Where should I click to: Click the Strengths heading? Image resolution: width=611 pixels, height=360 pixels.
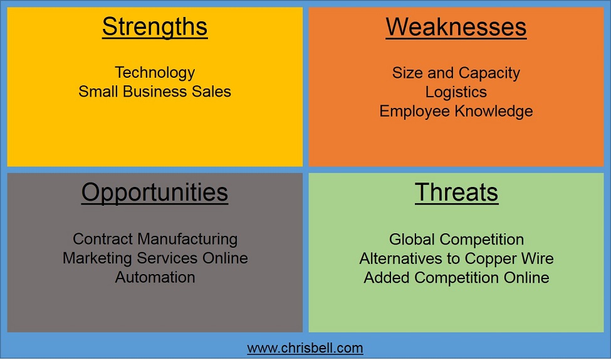pyautogui.click(x=155, y=27)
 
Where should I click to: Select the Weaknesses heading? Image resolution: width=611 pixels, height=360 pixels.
pyautogui.click(x=456, y=27)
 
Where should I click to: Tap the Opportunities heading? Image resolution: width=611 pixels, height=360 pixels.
pyautogui.click(x=155, y=193)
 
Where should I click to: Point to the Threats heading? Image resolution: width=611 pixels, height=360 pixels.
pyautogui.click(x=456, y=193)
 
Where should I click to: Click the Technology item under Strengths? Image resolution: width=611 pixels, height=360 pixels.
pyautogui.click(x=155, y=73)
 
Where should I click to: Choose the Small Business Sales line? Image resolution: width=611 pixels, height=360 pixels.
pyautogui.click(x=155, y=92)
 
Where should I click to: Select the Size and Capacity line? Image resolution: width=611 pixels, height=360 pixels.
pyautogui.click(x=456, y=73)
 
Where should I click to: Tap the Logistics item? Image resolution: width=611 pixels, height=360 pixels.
pyautogui.click(x=456, y=92)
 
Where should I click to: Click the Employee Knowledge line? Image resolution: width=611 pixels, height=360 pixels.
pyautogui.click(x=456, y=111)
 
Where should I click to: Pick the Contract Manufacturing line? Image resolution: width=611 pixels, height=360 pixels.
pyautogui.click(x=155, y=239)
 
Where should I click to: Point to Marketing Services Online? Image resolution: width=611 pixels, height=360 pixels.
pyautogui.click(x=155, y=258)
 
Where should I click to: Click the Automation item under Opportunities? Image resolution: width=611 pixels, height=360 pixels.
pyautogui.click(x=155, y=277)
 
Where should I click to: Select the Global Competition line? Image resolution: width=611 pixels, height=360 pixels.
pyautogui.click(x=456, y=239)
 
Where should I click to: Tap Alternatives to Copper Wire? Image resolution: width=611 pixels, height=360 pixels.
pyautogui.click(x=456, y=258)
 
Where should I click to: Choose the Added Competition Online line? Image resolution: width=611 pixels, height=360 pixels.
pyautogui.click(x=456, y=277)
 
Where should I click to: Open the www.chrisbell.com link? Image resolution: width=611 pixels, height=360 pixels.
pyautogui.click(x=305, y=347)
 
